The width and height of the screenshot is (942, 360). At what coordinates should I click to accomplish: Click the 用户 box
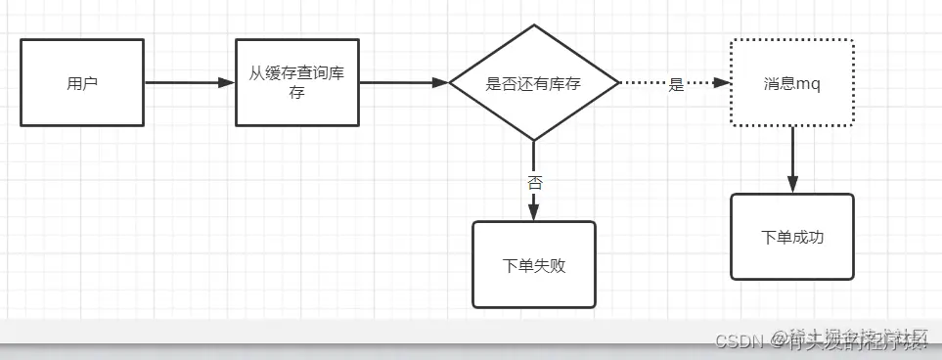click(82, 82)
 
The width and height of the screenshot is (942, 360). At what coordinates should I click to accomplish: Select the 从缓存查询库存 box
click(297, 82)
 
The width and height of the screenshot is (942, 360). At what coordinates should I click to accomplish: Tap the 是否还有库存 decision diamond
click(533, 84)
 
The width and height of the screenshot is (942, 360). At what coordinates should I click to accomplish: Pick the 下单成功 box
click(792, 237)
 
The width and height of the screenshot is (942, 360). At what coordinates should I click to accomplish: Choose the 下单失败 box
click(533, 264)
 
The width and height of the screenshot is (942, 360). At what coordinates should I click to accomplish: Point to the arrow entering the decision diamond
click(403, 83)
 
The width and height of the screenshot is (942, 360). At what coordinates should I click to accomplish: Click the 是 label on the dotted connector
click(676, 84)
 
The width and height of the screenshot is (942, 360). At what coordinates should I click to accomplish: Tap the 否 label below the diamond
click(534, 183)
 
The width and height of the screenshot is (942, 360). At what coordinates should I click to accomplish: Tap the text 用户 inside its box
click(82, 83)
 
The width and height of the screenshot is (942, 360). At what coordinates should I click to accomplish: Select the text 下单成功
click(792, 237)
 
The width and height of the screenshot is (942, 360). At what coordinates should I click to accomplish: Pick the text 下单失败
click(533, 265)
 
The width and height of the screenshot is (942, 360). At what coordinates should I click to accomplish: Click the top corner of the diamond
click(534, 27)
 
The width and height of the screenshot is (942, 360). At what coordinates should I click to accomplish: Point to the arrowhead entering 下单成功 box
click(792, 185)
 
